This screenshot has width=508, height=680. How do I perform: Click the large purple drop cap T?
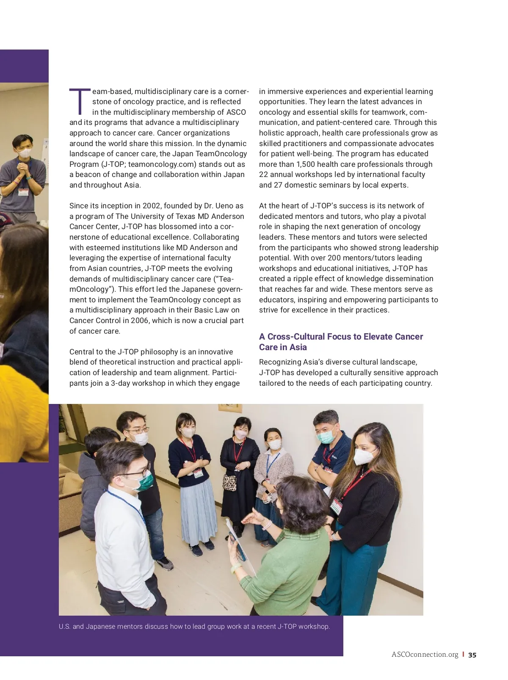[80, 102]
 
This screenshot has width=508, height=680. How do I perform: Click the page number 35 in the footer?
[472, 655]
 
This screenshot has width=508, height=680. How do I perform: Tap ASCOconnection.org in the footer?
[425, 655]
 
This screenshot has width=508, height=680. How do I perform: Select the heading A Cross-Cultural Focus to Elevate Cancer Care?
[341, 342]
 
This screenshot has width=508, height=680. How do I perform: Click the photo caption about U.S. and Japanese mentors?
[194, 626]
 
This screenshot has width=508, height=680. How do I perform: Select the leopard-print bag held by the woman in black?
[229, 482]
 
